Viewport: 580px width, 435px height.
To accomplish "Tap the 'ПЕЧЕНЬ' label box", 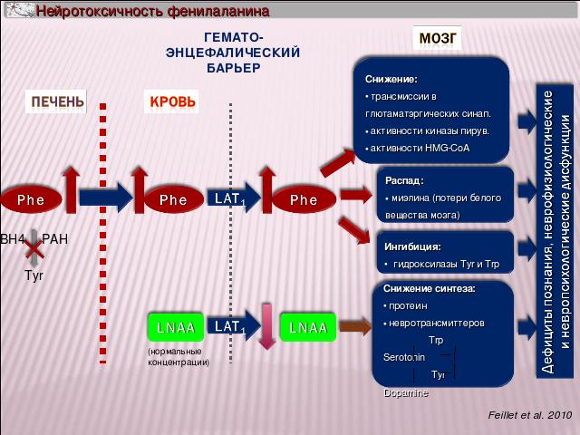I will click(58, 101).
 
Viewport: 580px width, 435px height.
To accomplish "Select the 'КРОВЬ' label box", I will click(171, 101).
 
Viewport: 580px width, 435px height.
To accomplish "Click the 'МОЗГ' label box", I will click(439, 39).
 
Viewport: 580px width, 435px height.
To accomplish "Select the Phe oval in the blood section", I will click(172, 198).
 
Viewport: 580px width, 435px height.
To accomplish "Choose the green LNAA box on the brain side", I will click(307, 327).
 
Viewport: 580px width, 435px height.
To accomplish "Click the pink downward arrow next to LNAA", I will click(266, 325).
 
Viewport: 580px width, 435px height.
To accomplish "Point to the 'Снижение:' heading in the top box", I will click(391, 79).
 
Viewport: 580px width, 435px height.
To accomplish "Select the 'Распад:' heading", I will click(398, 179).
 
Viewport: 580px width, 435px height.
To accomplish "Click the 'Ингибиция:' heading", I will click(407, 246).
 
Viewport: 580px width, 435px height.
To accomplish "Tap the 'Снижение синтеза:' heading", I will click(422, 289).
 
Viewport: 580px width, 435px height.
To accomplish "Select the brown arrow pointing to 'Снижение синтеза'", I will click(354, 325).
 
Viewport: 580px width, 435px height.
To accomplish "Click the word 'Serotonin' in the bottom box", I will click(391, 357).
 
